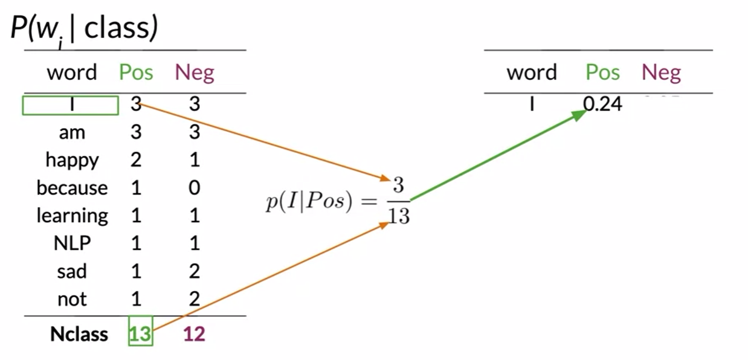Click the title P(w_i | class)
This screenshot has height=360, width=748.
tap(84, 29)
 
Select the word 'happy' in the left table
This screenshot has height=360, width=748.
tap(72, 160)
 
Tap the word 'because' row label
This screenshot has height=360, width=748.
tap(72, 188)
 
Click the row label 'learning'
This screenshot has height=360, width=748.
tap(72, 216)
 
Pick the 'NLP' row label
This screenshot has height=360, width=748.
tap(72, 243)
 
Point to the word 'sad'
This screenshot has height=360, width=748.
tap(72, 271)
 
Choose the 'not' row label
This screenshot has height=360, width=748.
tap(72, 299)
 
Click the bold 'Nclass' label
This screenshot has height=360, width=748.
tap(79, 334)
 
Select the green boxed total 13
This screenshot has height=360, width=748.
tap(140, 334)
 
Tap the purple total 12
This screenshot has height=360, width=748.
tap(194, 334)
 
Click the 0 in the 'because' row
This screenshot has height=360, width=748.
tap(194, 188)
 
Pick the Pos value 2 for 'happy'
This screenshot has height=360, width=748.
tap(136, 160)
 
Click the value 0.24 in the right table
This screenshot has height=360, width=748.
tap(602, 104)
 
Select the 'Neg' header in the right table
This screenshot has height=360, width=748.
tap(661, 73)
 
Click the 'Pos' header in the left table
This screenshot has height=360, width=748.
tap(136, 73)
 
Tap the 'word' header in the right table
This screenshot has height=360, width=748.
tap(532, 73)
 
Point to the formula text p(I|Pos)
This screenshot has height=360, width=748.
tap(308, 203)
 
